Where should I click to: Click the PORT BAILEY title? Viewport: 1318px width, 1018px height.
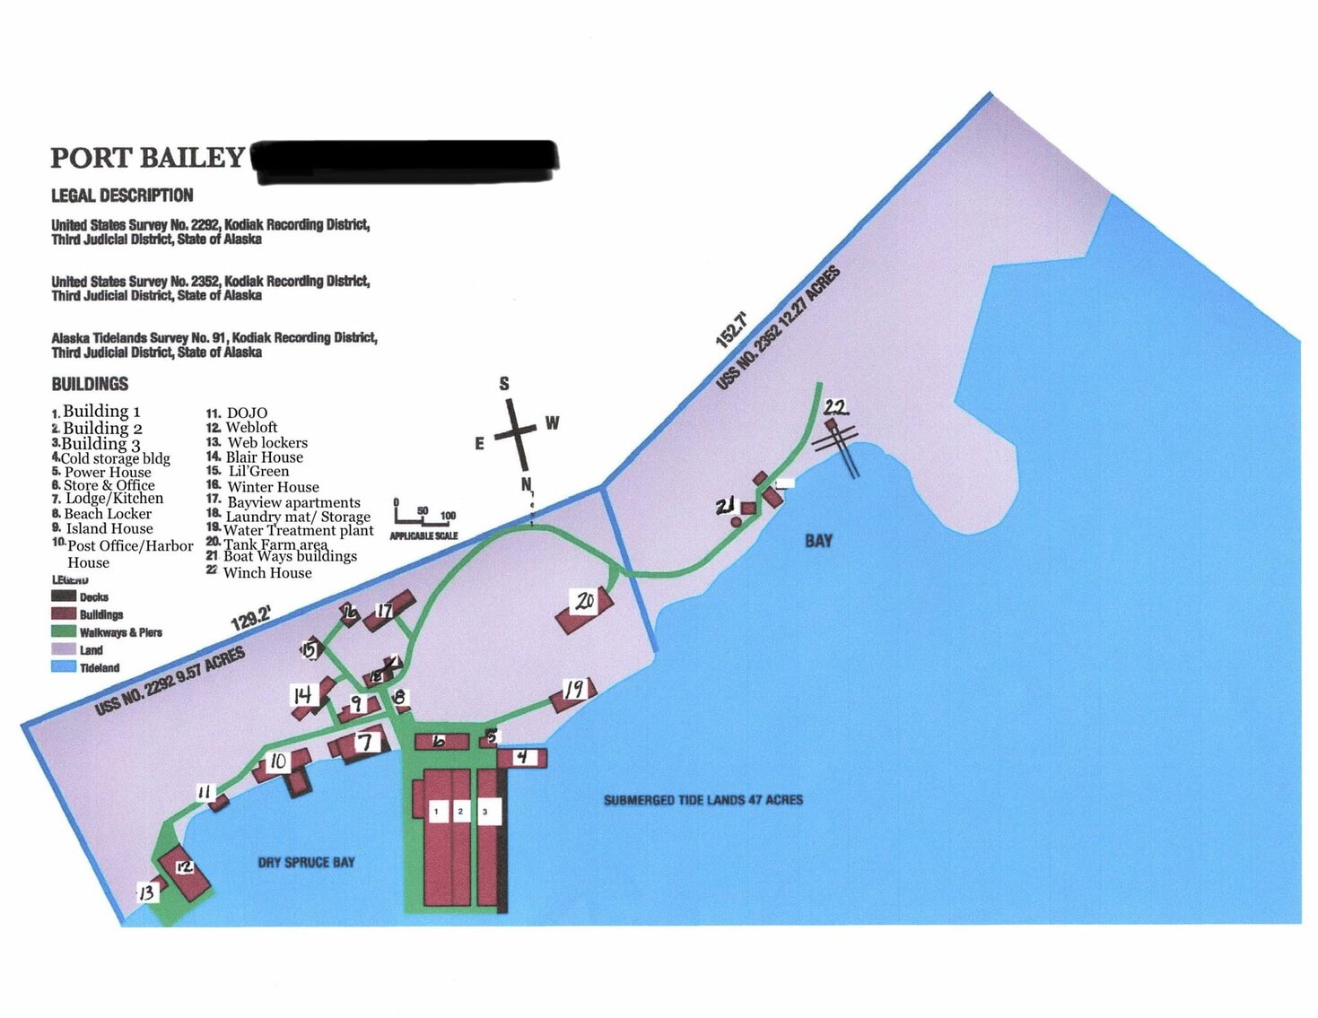pyautogui.click(x=146, y=158)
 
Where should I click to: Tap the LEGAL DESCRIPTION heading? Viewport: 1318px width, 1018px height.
pyautogui.click(x=122, y=196)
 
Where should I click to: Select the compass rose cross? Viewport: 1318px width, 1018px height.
pyautogui.click(x=515, y=431)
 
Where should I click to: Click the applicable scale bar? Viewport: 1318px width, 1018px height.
pyautogui.click(x=423, y=518)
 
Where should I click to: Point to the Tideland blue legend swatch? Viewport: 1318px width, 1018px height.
pyautogui.click(x=64, y=667)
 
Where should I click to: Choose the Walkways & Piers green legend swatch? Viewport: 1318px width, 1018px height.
pyautogui.click(x=64, y=631)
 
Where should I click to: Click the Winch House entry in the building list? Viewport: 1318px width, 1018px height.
pyautogui.click(x=266, y=572)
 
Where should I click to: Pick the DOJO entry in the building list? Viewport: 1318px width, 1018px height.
pyautogui.click(x=246, y=413)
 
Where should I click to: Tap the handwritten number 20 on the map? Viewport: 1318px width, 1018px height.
pyautogui.click(x=585, y=601)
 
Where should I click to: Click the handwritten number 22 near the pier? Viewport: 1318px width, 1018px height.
pyautogui.click(x=835, y=407)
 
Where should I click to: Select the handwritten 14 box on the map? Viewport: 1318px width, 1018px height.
pyautogui.click(x=302, y=694)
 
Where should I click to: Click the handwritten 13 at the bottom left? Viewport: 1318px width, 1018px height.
pyautogui.click(x=145, y=892)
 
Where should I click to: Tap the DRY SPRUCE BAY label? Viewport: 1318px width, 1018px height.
pyautogui.click(x=306, y=862)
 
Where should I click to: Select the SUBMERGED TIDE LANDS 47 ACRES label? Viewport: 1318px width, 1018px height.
pyautogui.click(x=703, y=799)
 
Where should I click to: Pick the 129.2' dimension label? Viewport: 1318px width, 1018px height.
pyautogui.click(x=250, y=620)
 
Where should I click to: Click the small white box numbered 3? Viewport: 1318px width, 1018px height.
pyautogui.click(x=485, y=812)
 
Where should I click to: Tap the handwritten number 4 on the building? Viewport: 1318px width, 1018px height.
pyautogui.click(x=521, y=758)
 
